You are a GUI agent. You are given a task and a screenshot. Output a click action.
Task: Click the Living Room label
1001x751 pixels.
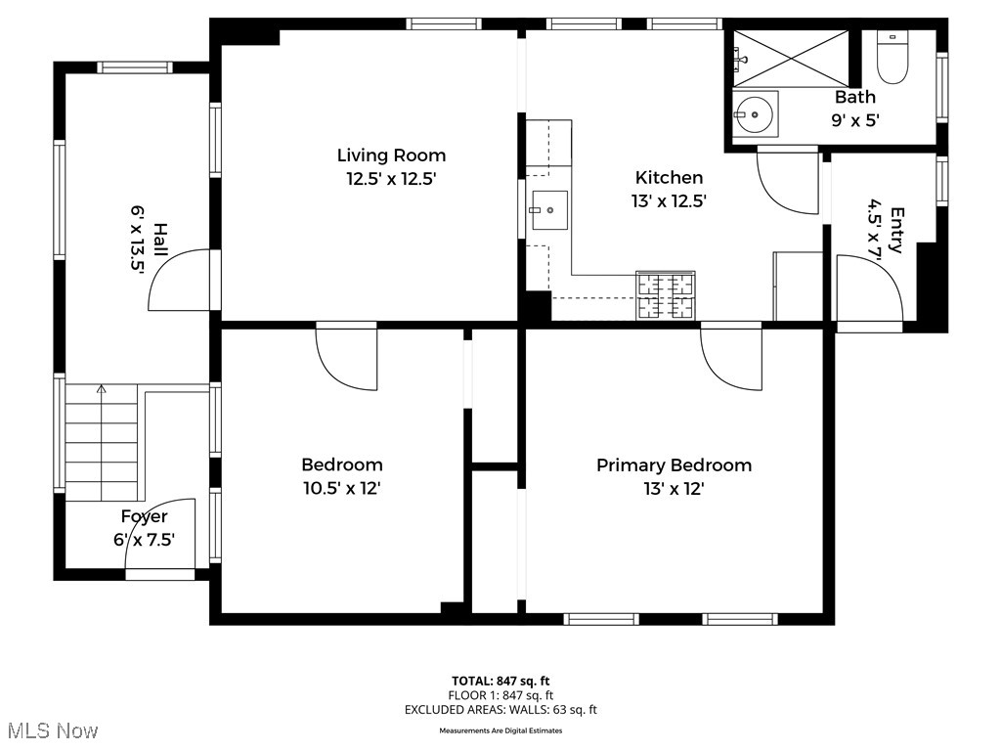coord(391,155)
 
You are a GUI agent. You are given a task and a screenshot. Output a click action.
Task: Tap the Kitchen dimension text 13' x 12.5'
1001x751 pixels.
coord(669,200)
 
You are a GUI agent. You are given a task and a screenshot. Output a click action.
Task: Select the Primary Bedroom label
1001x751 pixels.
coord(674,465)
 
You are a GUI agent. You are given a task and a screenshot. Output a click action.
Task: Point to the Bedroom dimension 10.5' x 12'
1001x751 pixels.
coord(341,488)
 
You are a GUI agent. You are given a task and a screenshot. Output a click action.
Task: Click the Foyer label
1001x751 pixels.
coord(144,516)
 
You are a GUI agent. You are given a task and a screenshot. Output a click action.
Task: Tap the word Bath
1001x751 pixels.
coord(854,97)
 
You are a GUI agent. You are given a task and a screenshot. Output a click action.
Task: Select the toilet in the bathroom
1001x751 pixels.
coord(892,59)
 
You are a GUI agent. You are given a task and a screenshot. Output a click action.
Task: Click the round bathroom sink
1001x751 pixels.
coord(755,114)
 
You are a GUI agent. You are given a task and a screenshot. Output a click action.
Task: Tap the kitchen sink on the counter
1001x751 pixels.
coord(548,209)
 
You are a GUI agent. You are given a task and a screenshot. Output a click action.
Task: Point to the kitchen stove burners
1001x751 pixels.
coord(666,295)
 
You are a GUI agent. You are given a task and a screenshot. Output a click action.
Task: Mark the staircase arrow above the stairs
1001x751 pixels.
coord(101,390)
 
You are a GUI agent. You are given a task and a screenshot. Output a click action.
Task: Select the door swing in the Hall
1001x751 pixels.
coord(182,280)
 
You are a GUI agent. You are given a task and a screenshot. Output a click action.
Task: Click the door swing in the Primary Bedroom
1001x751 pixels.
coord(731,357)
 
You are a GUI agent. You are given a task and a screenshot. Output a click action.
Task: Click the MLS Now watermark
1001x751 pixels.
coord(52,730)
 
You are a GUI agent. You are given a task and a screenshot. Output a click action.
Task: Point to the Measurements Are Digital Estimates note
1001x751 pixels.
coord(500,730)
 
